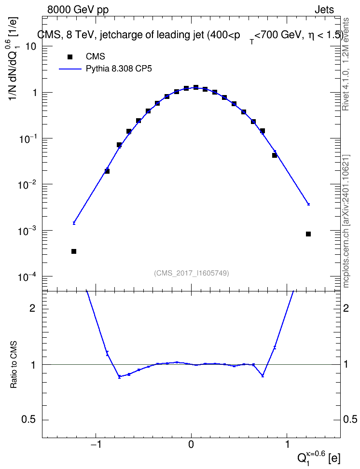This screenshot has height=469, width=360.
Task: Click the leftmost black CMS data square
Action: (x=74, y=251)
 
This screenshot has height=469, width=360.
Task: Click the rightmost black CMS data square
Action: (x=308, y=234)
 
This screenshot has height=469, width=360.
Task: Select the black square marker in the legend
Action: (x=70, y=56)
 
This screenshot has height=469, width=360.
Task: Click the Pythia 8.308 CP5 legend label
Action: (x=119, y=69)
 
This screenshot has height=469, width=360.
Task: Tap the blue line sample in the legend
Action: (x=70, y=69)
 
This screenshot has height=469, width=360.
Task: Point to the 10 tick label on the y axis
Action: (x=31, y=47)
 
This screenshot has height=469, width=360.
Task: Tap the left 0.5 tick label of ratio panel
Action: (x=29, y=420)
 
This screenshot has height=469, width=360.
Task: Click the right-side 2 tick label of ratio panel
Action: (x=346, y=308)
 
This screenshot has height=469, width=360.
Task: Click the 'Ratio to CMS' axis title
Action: (x=14, y=365)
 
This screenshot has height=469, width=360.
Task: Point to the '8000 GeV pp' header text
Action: (x=78, y=10)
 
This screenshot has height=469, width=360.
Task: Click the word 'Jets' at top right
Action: (x=324, y=10)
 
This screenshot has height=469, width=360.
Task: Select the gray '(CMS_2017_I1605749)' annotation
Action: (x=192, y=273)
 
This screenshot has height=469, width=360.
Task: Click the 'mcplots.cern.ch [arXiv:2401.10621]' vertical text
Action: (x=346, y=221)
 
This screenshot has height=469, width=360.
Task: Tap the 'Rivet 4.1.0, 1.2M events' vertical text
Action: (x=346, y=64)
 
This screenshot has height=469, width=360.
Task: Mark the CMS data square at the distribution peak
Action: (x=196, y=87)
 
